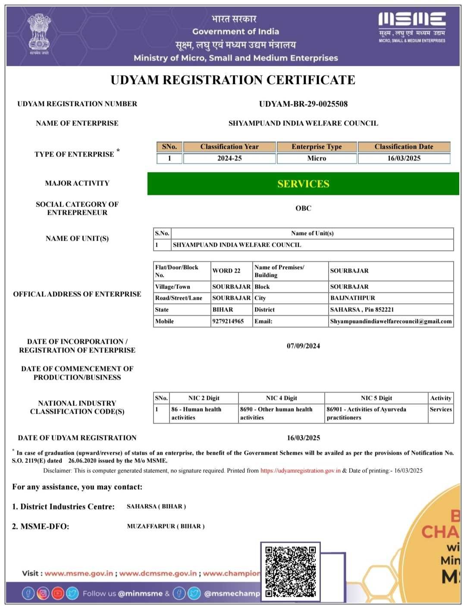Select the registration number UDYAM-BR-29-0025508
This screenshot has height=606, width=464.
(x=303, y=104)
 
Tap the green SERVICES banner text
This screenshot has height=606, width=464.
(x=303, y=184)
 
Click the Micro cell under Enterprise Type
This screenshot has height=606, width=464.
(x=317, y=158)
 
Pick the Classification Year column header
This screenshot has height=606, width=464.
(x=229, y=147)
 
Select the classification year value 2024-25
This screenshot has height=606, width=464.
(x=229, y=158)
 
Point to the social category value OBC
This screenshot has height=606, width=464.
(x=303, y=208)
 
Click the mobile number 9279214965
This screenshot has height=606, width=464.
(x=228, y=321)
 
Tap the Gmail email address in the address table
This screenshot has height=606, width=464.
(x=391, y=321)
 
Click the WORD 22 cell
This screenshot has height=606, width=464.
(x=226, y=271)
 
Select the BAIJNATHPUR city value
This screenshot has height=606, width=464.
(x=353, y=298)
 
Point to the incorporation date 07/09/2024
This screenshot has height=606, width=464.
(x=303, y=346)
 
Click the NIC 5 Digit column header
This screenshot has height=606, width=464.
(x=376, y=398)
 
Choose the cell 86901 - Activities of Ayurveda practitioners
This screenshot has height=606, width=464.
(x=367, y=413)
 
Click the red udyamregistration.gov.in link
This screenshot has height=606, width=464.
(x=301, y=471)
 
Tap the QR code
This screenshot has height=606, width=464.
(x=290, y=571)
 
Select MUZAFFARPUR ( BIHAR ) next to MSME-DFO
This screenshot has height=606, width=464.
(x=166, y=526)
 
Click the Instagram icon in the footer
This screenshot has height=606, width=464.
(x=43, y=593)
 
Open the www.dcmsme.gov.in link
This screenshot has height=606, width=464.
(x=158, y=573)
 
